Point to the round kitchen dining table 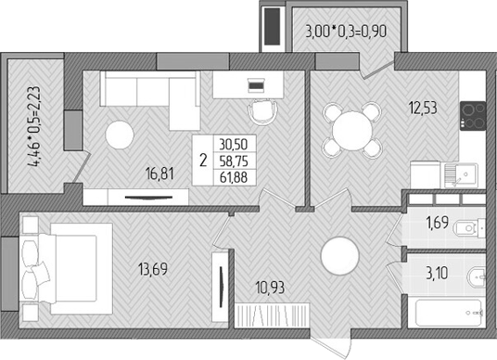[x=348, y=128]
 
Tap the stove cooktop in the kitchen [x=473, y=116]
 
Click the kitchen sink [x=459, y=173]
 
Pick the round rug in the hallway [x=339, y=254]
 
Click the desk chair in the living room [x=265, y=109]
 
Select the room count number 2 [x=202, y=159]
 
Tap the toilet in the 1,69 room [x=472, y=226]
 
